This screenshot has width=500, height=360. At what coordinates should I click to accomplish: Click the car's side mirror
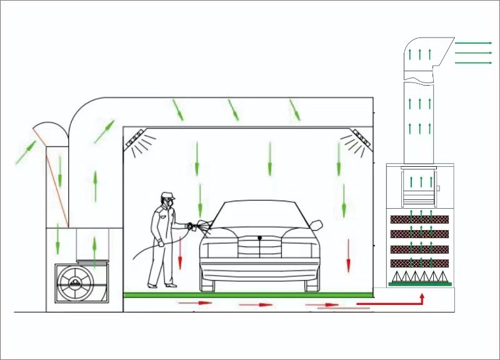click(x=316, y=223)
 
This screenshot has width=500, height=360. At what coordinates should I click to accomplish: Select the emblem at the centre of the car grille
click(x=259, y=237)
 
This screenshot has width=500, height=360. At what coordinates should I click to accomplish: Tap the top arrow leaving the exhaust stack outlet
click(x=473, y=43)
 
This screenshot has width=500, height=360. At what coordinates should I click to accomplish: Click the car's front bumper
click(x=259, y=272)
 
